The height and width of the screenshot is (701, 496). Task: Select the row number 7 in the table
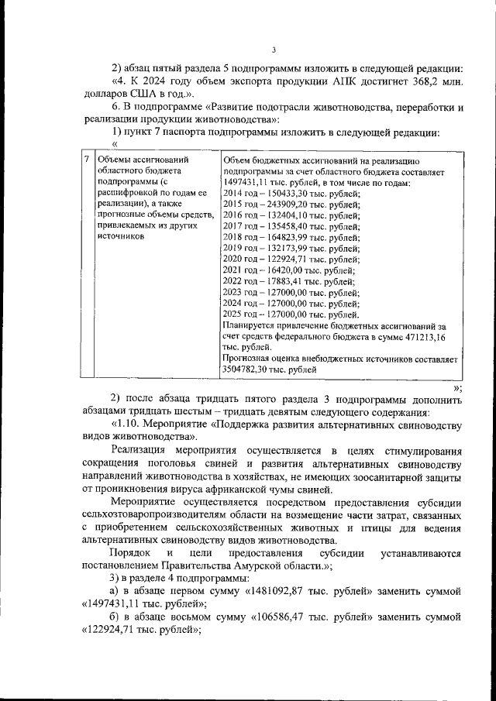(x=85, y=160)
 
